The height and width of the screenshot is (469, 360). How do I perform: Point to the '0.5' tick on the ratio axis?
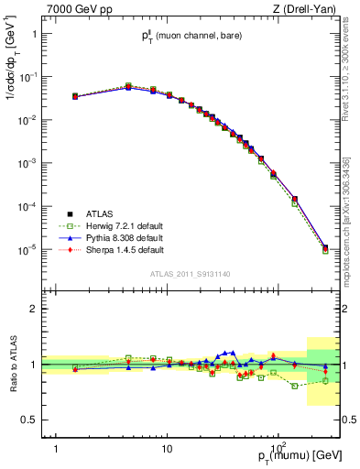30,420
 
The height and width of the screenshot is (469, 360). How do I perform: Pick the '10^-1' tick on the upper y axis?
27,77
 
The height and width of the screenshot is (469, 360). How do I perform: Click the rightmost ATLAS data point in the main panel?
325,246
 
